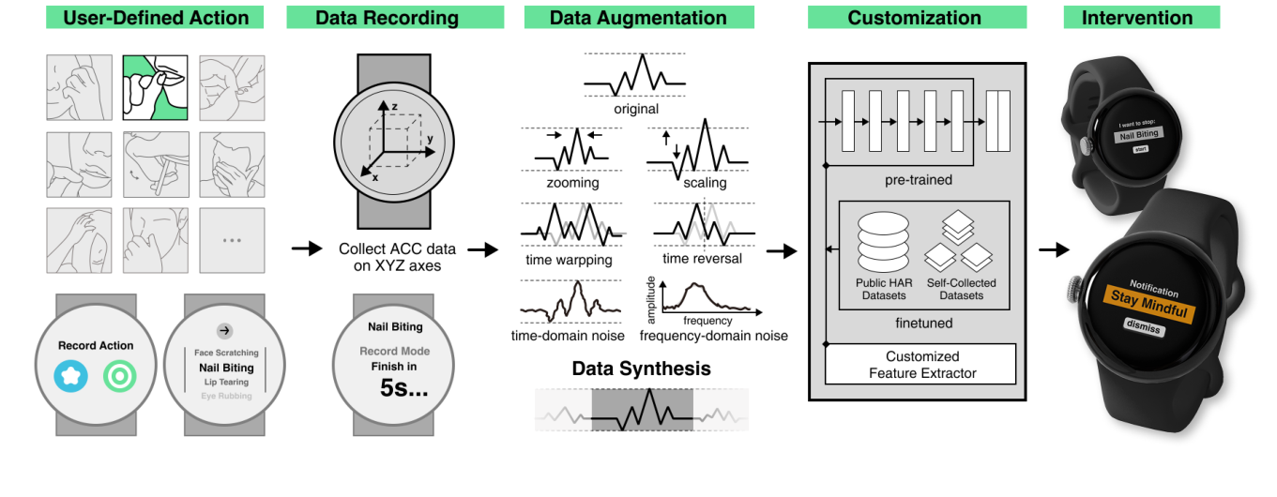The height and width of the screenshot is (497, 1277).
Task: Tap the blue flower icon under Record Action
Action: [x=71, y=377]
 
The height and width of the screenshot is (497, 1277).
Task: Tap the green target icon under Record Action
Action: [x=119, y=377]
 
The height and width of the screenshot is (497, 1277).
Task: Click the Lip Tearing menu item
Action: [x=225, y=383]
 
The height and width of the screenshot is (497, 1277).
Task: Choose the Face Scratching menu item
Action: [x=226, y=353]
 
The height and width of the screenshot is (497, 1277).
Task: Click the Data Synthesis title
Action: [x=641, y=369]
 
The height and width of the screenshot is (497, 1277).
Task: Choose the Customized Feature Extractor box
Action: [x=921, y=365]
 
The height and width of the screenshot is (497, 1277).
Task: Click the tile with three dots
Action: [x=231, y=240]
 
